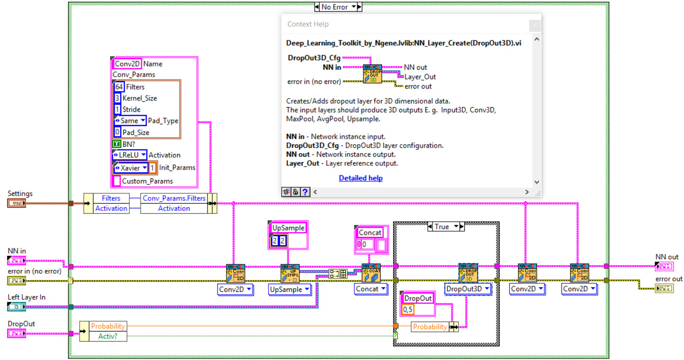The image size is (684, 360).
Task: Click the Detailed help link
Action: (x=360, y=178)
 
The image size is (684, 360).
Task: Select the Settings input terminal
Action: (x=17, y=203)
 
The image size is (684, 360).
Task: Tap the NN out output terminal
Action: (x=664, y=266)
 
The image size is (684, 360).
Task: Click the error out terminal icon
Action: (x=664, y=288)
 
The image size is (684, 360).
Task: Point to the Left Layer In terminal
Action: (x=17, y=306)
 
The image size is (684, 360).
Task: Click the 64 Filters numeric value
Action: (x=119, y=87)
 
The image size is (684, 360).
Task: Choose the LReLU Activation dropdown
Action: (x=130, y=155)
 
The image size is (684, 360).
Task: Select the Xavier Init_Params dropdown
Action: (x=131, y=168)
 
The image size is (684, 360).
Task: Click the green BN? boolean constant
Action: (x=117, y=144)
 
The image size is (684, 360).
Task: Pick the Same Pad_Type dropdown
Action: (x=130, y=121)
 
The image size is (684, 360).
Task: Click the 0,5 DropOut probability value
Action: (x=408, y=310)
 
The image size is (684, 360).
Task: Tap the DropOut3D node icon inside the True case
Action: (x=468, y=273)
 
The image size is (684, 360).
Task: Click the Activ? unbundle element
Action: (x=108, y=336)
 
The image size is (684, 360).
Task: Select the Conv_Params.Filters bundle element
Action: (x=174, y=198)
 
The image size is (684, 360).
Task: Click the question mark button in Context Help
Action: (x=305, y=192)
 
